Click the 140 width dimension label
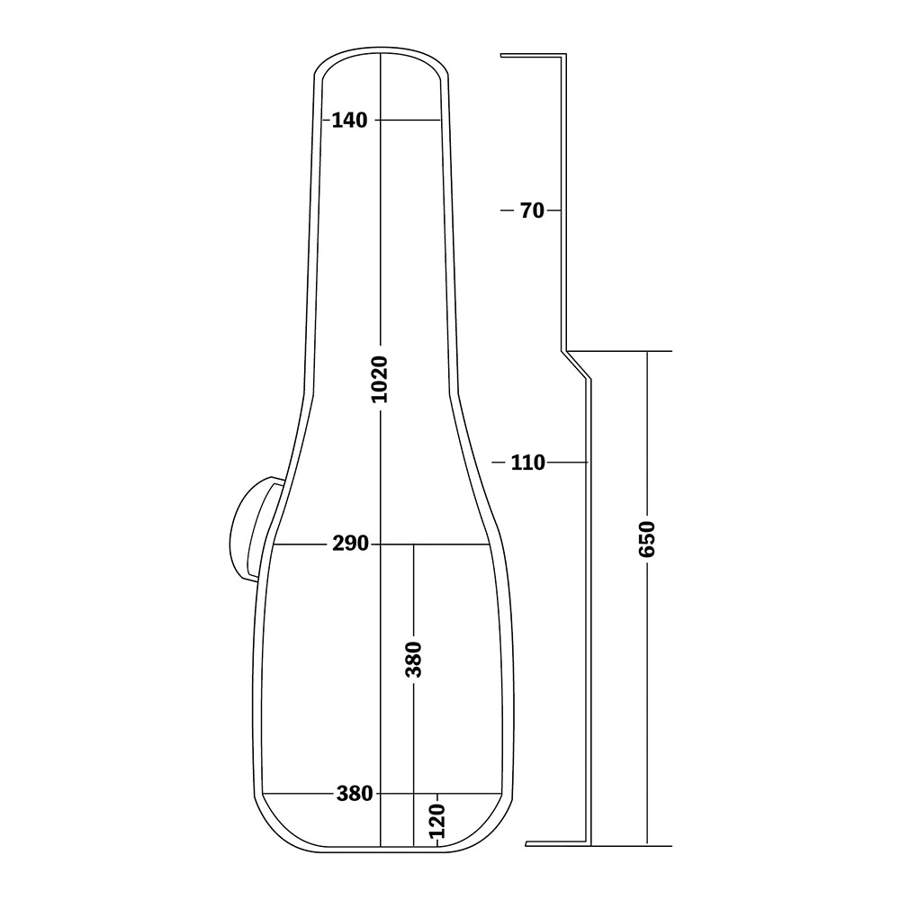(x=349, y=120)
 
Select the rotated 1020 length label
(x=380, y=380)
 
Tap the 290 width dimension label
(x=350, y=543)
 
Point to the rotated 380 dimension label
(x=413, y=660)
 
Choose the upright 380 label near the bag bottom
(x=355, y=794)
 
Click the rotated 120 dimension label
(x=437, y=820)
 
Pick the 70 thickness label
(x=532, y=211)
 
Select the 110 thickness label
(x=528, y=462)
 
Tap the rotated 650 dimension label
(x=647, y=539)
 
